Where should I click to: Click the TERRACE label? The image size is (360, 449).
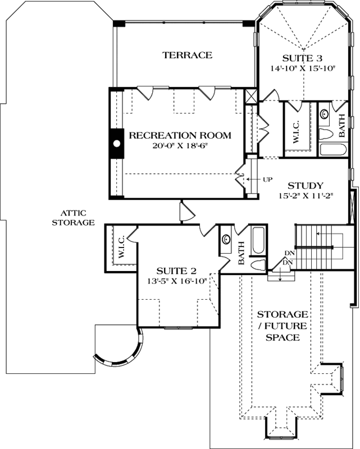click(187, 55)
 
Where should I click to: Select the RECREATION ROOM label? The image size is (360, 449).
click(180, 135)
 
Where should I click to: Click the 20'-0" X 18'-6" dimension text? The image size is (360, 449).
click(180, 145)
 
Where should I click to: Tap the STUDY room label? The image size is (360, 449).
click(306, 186)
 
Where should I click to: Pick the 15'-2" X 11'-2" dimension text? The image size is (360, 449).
click(306, 196)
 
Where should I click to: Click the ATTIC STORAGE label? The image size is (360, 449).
click(73, 217)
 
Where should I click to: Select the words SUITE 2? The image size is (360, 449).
click(176, 271)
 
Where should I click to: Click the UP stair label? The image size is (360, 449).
click(267, 180)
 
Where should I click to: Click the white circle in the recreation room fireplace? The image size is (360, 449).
click(117, 144)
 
